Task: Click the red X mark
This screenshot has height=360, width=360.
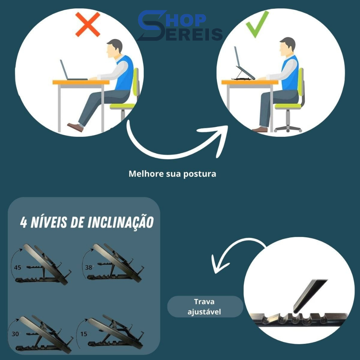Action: click(x=88, y=24)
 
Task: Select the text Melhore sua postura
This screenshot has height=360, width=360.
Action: click(x=172, y=174)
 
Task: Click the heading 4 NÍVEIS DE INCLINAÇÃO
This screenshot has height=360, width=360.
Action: click(x=87, y=222)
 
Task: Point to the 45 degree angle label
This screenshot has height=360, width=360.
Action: click(x=18, y=268)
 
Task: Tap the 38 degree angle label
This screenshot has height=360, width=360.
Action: click(x=89, y=267)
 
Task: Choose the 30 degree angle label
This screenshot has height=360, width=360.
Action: click(x=15, y=334)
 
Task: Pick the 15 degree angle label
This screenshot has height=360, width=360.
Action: click(x=84, y=334)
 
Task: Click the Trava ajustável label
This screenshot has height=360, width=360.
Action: click(x=204, y=307)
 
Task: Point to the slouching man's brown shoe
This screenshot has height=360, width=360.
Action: click(x=75, y=127)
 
